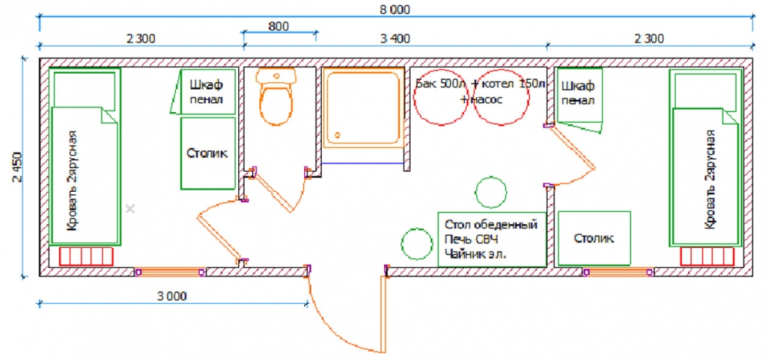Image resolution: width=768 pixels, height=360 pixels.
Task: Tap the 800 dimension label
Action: click(x=279, y=26)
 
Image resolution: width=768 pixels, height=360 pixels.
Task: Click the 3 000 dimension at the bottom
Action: click(x=173, y=296)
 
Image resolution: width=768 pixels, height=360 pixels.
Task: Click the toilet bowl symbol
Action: click(x=276, y=97)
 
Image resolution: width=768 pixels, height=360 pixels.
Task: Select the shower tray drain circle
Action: click(x=337, y=134)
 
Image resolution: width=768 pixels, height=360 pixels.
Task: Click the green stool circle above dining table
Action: click(x=491, y=191)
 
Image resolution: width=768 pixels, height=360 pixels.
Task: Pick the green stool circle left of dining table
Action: click(x=417, y=243)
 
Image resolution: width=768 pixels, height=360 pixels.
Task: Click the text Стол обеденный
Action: click(x=492, y=225)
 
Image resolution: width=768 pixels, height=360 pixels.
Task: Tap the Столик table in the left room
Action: click(x=207, y=154)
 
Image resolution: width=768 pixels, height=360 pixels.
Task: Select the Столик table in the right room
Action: click(x=594, y=239)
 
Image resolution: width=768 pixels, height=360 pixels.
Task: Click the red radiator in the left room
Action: click(x=87, y=256)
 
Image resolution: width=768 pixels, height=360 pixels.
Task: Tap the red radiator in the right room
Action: click(x=707, y=256)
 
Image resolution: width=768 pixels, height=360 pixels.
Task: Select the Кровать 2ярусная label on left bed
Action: click(x=72, y=180)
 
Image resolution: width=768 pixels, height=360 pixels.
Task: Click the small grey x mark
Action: click(x=130, y=209)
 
